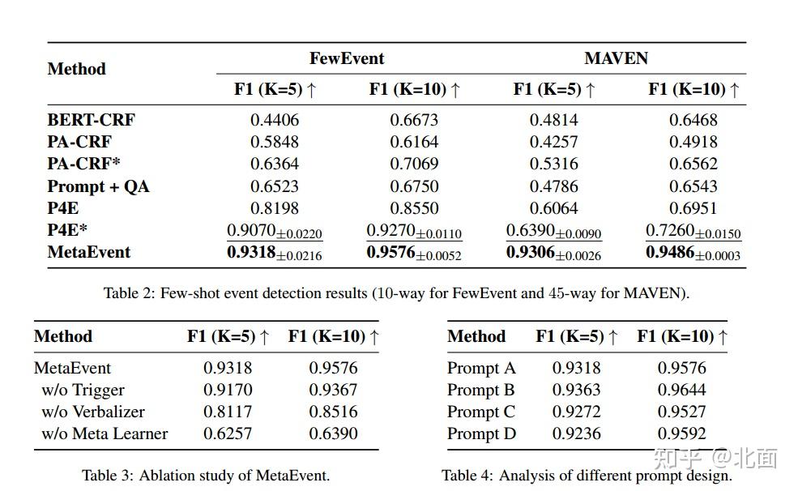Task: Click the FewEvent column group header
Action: [x=347, y=58]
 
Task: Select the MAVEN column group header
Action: [x=616, y=58]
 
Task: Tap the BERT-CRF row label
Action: [x=92, y=120]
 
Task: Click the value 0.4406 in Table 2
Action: [x=274, y=120]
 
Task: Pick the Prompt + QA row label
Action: [x=98, y=186]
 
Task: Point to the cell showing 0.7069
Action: [x=414, y=164]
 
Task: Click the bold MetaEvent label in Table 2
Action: [x=89, y=252]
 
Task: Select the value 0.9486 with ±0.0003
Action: [x=693, y=253]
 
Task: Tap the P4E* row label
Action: [x=67, y=231]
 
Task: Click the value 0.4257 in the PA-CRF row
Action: [x=554, y=142]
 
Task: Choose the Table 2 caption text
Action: [x=396, y=293]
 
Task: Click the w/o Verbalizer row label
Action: [x=93, y=412]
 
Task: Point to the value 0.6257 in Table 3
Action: [x=228, y=433]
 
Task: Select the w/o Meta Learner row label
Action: [x=105, y=433]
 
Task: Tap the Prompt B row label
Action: [x=481, y=390]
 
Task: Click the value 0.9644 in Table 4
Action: [x=681, y=390]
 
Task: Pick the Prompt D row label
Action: [x=481, y=433]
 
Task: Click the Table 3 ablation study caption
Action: [x=206, y=476]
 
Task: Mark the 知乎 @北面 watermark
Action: [x=717, y=459]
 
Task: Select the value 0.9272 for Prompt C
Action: [x=576, y=412]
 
